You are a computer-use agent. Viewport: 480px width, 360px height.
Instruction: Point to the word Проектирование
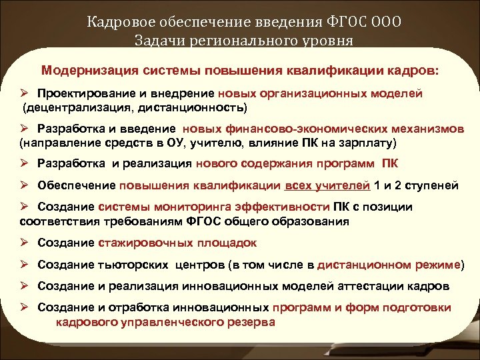point(81,94)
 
